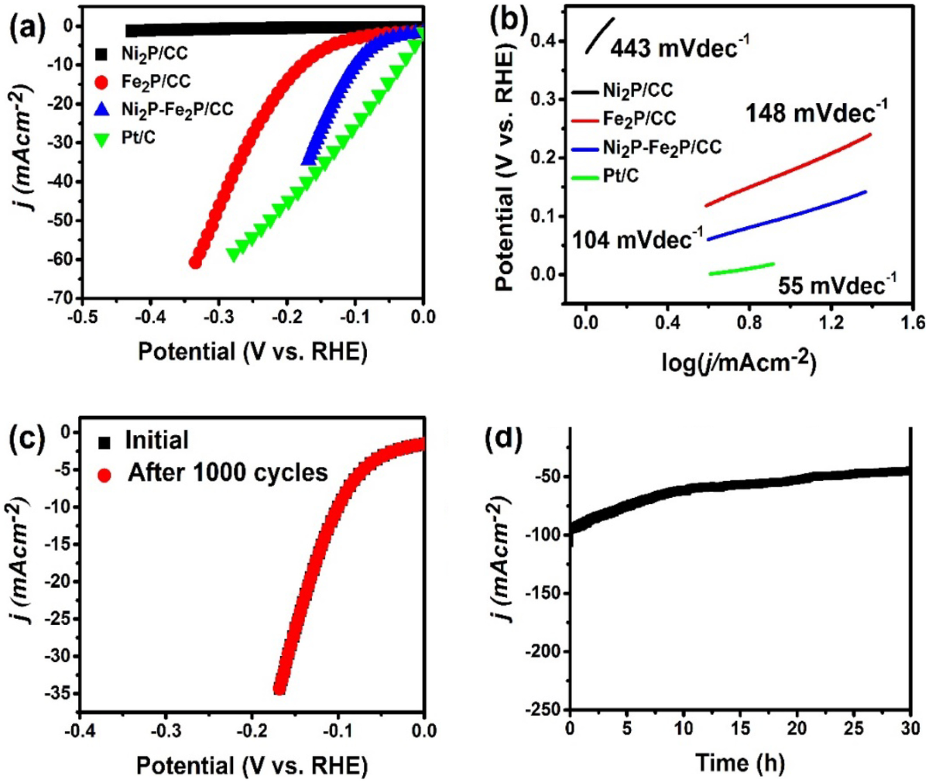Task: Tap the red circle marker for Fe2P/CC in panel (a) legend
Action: coord(101,81)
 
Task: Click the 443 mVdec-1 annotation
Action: coord(679,48)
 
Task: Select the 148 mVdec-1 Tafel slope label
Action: coord(816,114)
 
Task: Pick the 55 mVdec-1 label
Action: coord(837,286)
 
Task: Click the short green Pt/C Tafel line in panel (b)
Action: coord(741,268)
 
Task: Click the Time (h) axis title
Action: coord(739,763)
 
